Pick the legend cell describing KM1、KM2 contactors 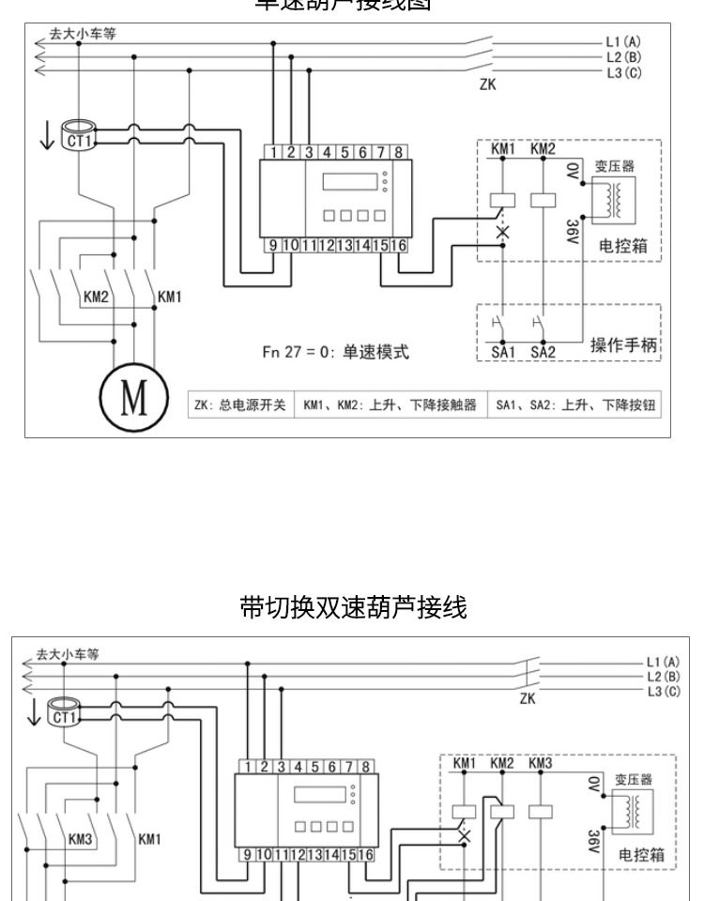click(390, 405)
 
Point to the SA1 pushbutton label click(505, 353)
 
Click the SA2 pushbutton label click(543, 353)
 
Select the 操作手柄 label click(626, 344)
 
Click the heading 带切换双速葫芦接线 click(352, 609)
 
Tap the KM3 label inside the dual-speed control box click(540, 763)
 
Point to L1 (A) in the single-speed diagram click(624, 42)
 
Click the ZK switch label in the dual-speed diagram click(527, 699)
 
